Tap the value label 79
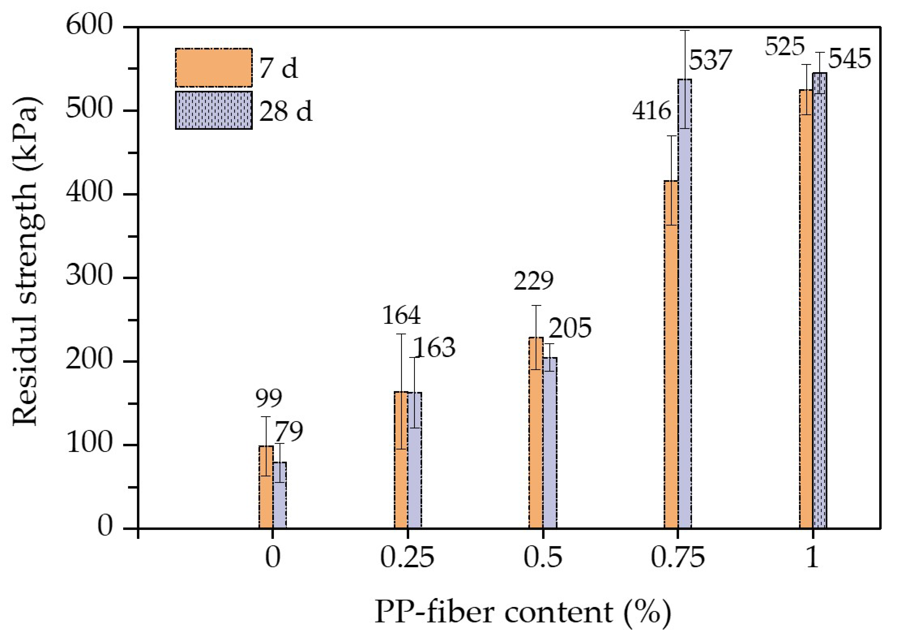click(288, 432)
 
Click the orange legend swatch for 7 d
click(213, 68)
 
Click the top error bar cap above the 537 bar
click(685, 31)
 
